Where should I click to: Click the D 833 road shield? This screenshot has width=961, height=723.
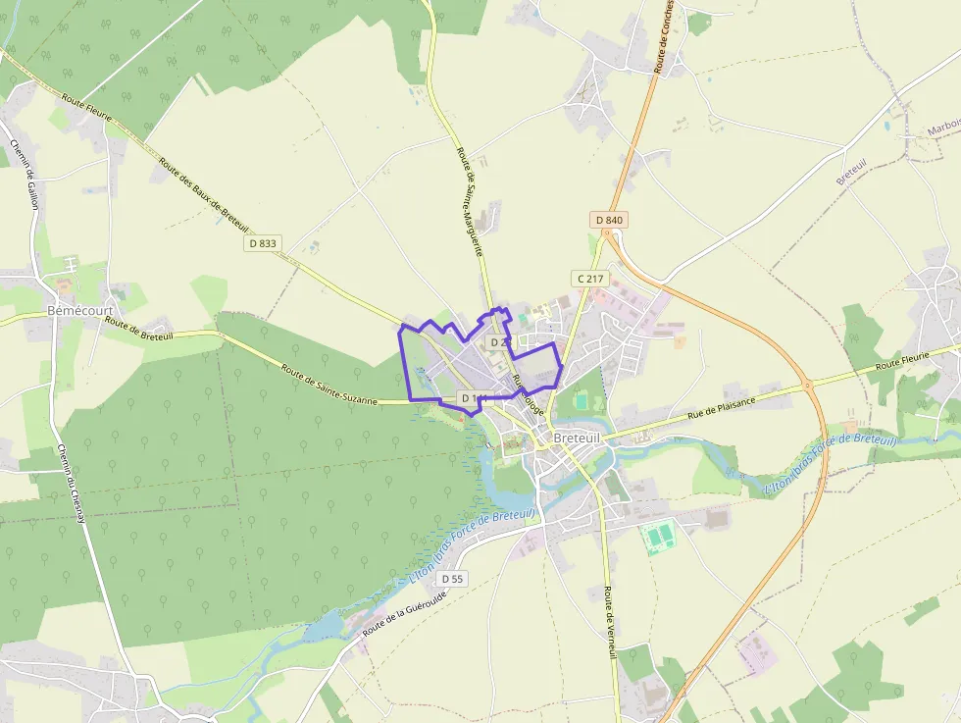pyautogui.click(x=263, y=243)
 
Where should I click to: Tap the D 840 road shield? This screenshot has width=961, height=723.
pyautogui.click(x=609, y=220)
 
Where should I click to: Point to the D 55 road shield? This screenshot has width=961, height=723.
pyautogui.click(x=452, y=579)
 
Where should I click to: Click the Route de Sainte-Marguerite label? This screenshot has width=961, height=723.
pyautogui.click(x=470, y=201)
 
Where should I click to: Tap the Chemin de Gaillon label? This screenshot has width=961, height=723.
pyautogui.click(x=24, y=170)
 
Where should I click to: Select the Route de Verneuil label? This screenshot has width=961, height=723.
pyautogui.click(x=611, y=622)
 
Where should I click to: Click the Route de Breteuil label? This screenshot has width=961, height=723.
pyautogui.click(x=139, y=328)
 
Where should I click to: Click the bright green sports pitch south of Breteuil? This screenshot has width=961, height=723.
pyautogui.click(x=657, y=537)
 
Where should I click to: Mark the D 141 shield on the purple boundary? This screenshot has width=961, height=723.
pyautogui.click(x=474, y=397)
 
